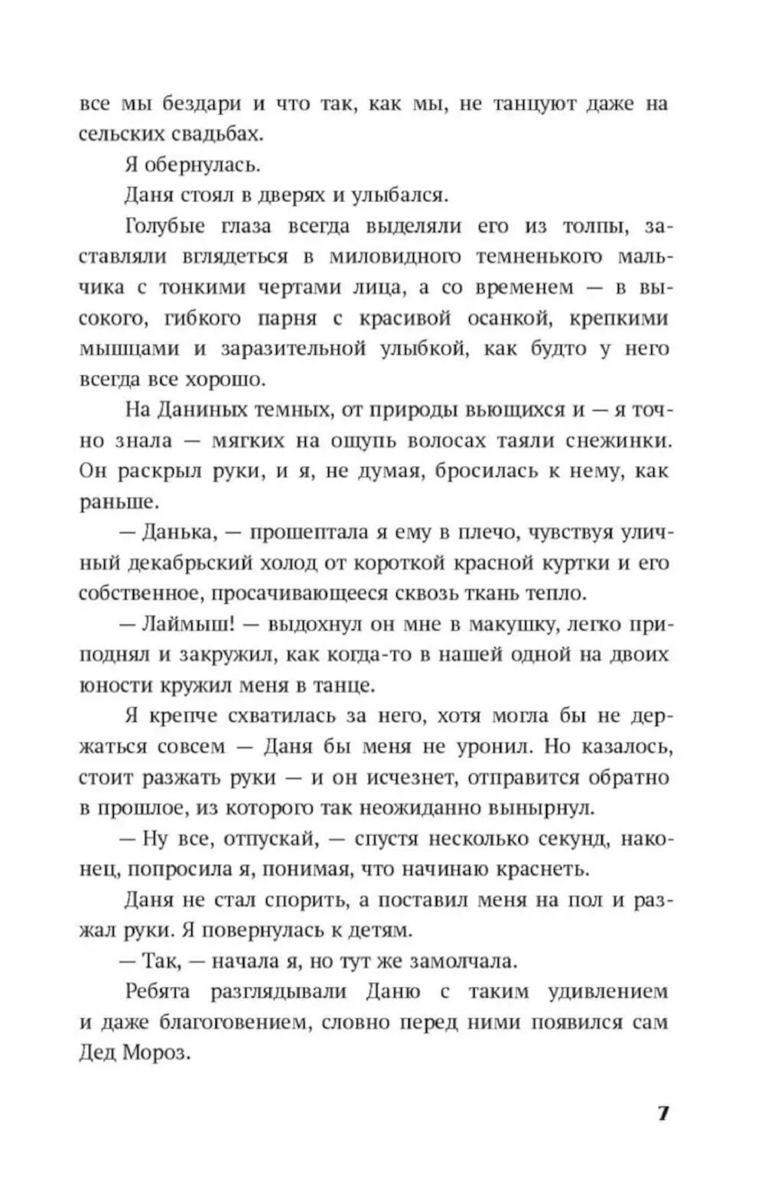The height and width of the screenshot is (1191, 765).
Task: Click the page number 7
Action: [663, 1113]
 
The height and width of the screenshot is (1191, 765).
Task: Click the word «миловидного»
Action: [394, 256]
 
